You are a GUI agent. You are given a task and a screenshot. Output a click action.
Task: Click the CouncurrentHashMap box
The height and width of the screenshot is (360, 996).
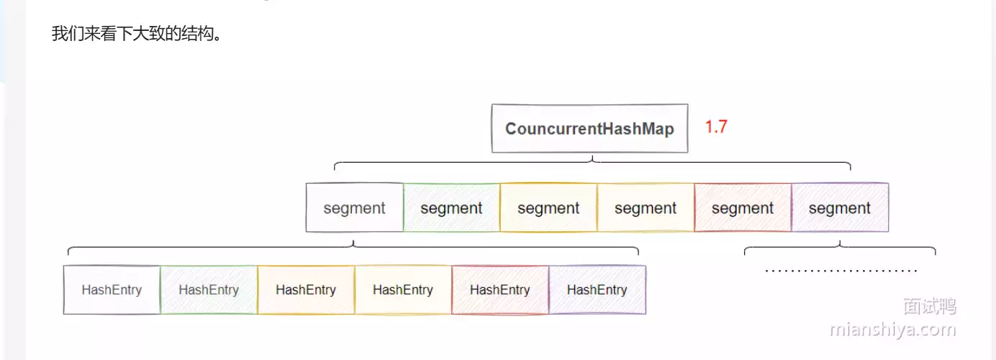click(589, 129)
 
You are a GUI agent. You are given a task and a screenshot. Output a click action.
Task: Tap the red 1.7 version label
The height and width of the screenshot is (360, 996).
click(716, 127)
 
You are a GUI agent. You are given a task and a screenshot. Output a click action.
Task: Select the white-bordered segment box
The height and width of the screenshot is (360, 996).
click(354, 208)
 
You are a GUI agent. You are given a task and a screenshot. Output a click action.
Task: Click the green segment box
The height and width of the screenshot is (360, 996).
click(451, 208)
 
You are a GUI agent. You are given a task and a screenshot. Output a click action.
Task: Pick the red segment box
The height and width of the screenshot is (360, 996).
click(743, 208)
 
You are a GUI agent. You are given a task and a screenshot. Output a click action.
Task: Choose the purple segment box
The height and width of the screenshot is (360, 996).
click(840, 208)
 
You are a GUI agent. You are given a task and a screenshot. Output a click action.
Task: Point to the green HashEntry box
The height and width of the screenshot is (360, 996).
click(209, 290)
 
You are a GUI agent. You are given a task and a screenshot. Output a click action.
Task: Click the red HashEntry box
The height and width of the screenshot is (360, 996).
click(500, 290)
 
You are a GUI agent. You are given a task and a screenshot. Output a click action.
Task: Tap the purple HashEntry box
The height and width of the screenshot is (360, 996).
click(597, 290)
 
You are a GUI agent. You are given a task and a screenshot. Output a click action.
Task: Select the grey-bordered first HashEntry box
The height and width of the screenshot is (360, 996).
click(112, 290)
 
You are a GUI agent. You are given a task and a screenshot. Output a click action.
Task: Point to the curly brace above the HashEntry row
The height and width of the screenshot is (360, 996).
click(353, 248)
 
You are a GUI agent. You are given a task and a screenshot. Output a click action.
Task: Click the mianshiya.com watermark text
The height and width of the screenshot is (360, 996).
click(893, 330)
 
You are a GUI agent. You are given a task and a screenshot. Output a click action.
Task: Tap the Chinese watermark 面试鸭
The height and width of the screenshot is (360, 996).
click(929, 307)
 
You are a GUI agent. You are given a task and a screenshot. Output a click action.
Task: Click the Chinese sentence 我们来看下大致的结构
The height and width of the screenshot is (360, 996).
click(135, 33)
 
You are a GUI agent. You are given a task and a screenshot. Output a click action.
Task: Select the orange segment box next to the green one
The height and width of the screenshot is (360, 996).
click(548, 208)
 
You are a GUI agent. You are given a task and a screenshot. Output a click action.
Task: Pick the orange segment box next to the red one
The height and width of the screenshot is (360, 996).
click(646, 208)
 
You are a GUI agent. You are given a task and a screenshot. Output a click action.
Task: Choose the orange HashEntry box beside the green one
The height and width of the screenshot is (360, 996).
click(306, 290)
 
